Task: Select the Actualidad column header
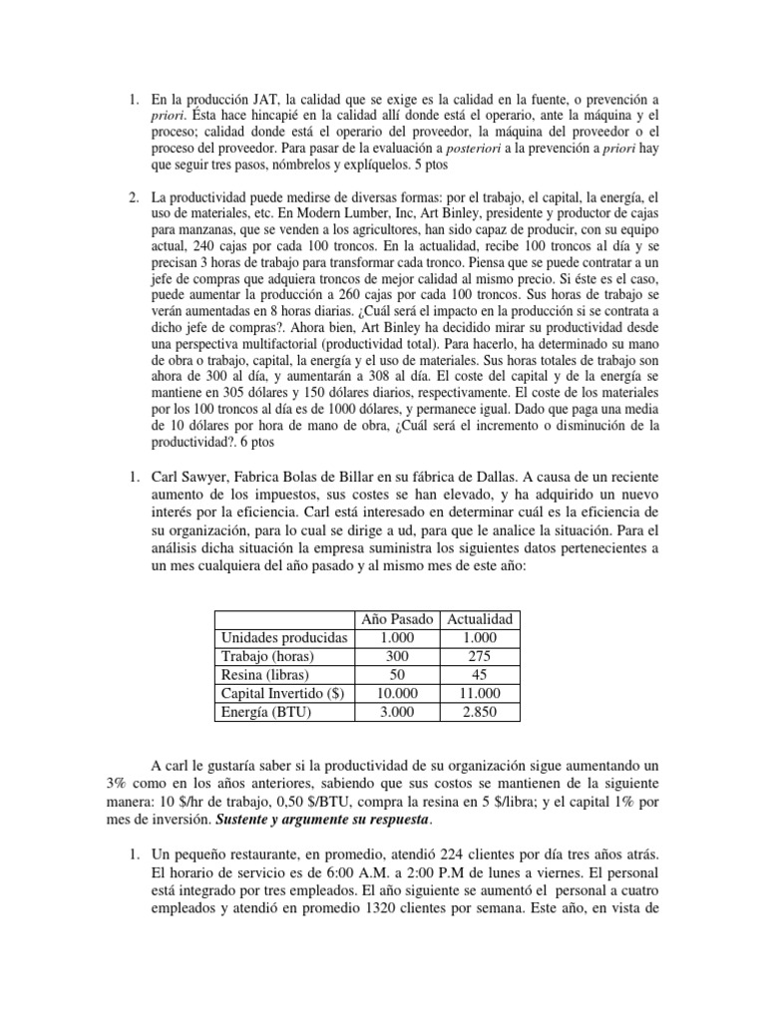coord(475,619)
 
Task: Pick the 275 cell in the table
coord(475,656)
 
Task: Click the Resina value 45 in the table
coord(475,675)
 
